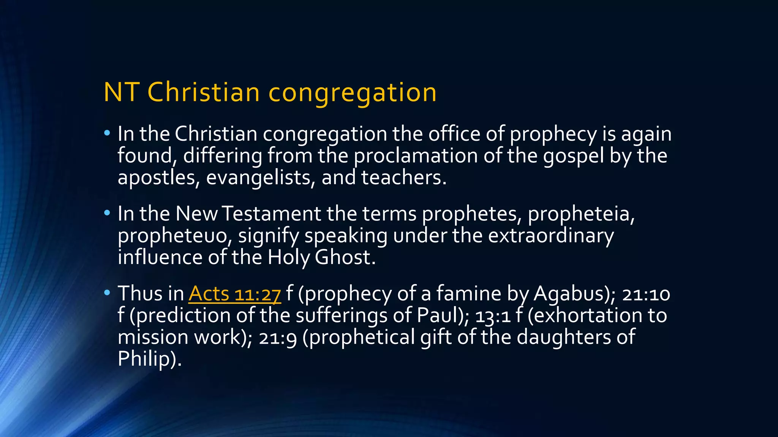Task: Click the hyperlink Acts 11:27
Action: coord(234,294)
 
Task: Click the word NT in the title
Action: coord(120,92)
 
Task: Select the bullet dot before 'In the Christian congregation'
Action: coord(107,133)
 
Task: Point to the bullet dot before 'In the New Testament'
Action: coord(107,213)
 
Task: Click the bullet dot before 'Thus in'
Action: coord(107,292)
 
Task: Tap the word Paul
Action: coord(440,315)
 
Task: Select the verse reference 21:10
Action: coord(646,294)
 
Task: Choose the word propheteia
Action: coord(581,214)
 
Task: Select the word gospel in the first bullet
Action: coord(573,156)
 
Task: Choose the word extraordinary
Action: coord(550,236)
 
